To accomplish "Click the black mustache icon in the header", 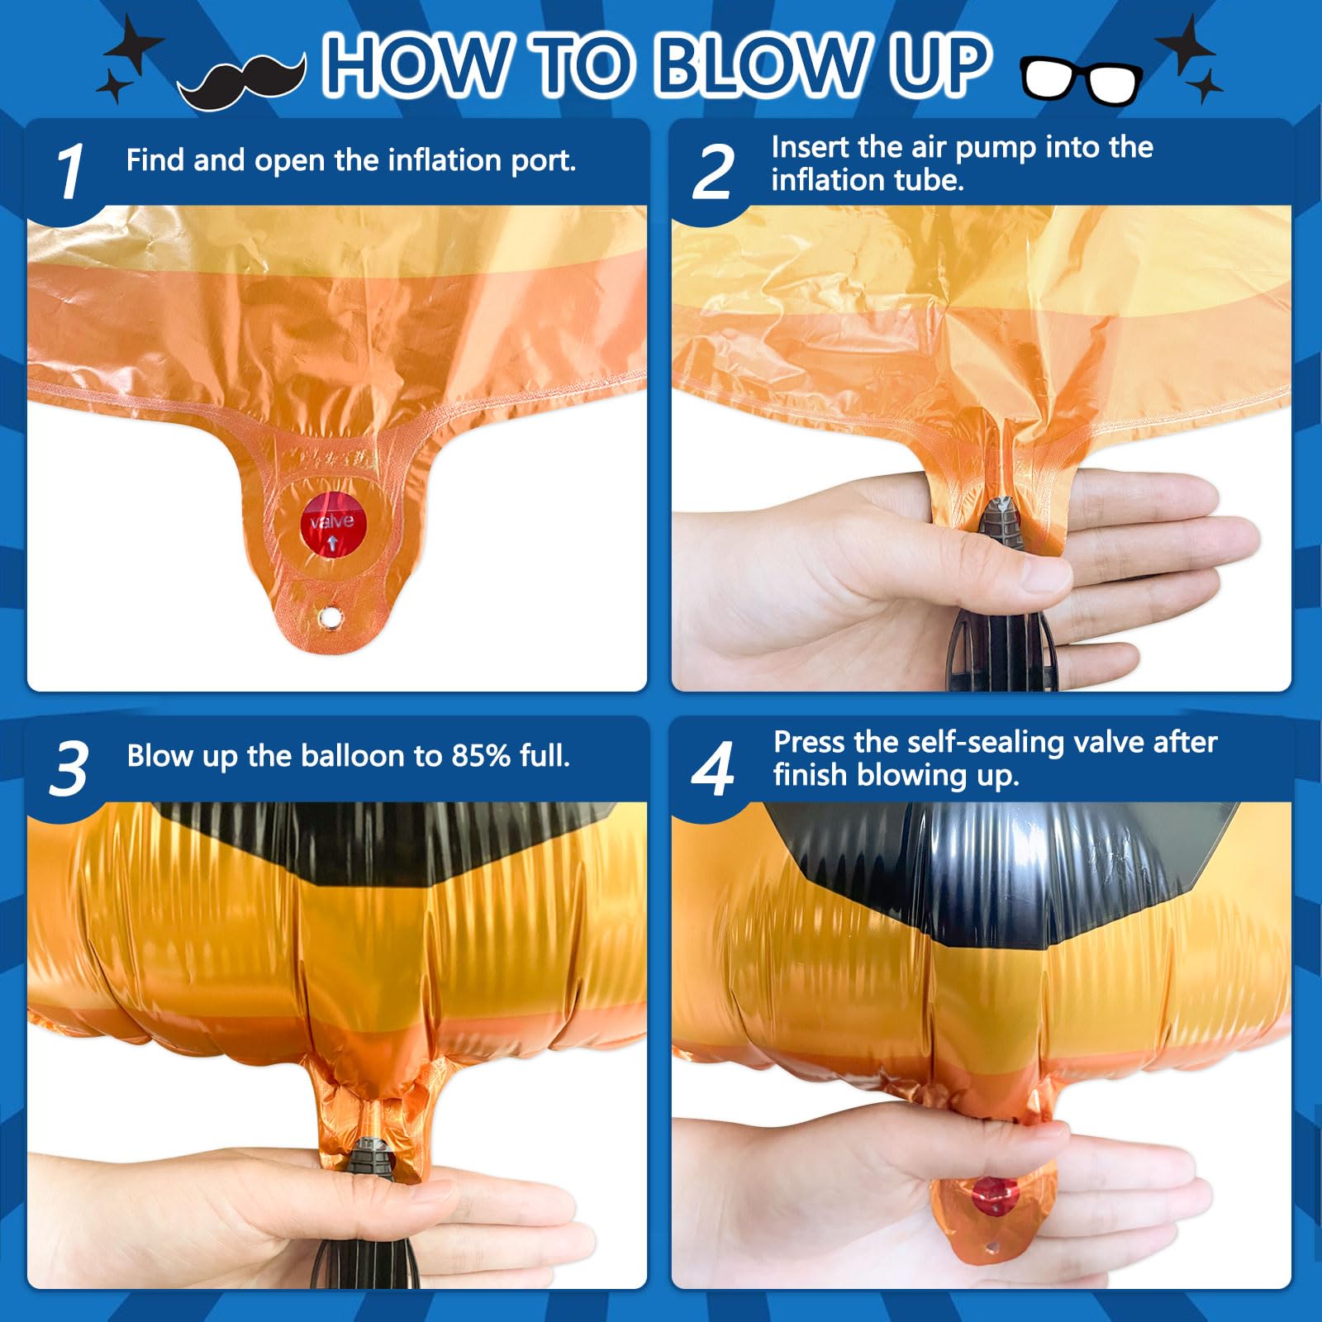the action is (241, 81).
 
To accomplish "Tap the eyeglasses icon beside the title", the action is (1082, 80).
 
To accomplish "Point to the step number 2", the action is (712, 172).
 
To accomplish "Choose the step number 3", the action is (69, 768).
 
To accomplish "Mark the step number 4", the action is (712, 768).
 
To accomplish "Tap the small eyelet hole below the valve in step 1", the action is (330, 616).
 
